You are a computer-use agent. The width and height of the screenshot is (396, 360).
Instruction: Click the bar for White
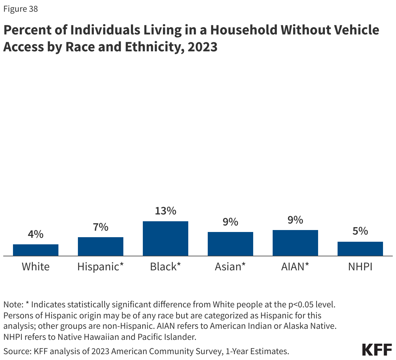click(36, 250)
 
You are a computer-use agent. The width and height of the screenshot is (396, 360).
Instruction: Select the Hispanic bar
click(101, 246)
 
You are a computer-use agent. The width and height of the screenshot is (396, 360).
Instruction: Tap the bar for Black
click(166, 238)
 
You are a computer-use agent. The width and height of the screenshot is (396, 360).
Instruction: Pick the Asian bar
click(230, 244)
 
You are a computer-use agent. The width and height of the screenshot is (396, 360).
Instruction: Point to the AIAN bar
click(295, 243)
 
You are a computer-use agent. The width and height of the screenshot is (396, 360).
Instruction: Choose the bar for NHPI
click(360, 249)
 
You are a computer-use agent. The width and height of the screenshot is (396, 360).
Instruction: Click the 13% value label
click(166, 211)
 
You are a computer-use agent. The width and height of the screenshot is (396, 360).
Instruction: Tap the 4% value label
click(36, 234)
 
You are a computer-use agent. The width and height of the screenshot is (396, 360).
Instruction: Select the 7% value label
click(101, 227)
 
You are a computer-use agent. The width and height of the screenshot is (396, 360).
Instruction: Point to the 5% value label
click(360, 231)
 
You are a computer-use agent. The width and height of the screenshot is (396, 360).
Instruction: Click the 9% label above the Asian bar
click(230, 222)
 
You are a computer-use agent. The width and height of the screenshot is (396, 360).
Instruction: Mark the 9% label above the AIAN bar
click(295, 220)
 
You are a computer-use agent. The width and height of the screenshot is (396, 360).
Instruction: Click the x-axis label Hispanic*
click(101, 267)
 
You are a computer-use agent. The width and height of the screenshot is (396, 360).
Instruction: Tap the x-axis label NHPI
click(360, 267)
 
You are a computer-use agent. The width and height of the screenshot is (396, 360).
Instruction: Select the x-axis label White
click(36, 267)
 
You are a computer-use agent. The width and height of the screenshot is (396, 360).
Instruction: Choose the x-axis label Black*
click(166, 267)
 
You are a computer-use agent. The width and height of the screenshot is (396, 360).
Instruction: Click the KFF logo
click(377, 350)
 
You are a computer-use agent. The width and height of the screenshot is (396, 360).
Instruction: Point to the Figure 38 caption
click(20, 9)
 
